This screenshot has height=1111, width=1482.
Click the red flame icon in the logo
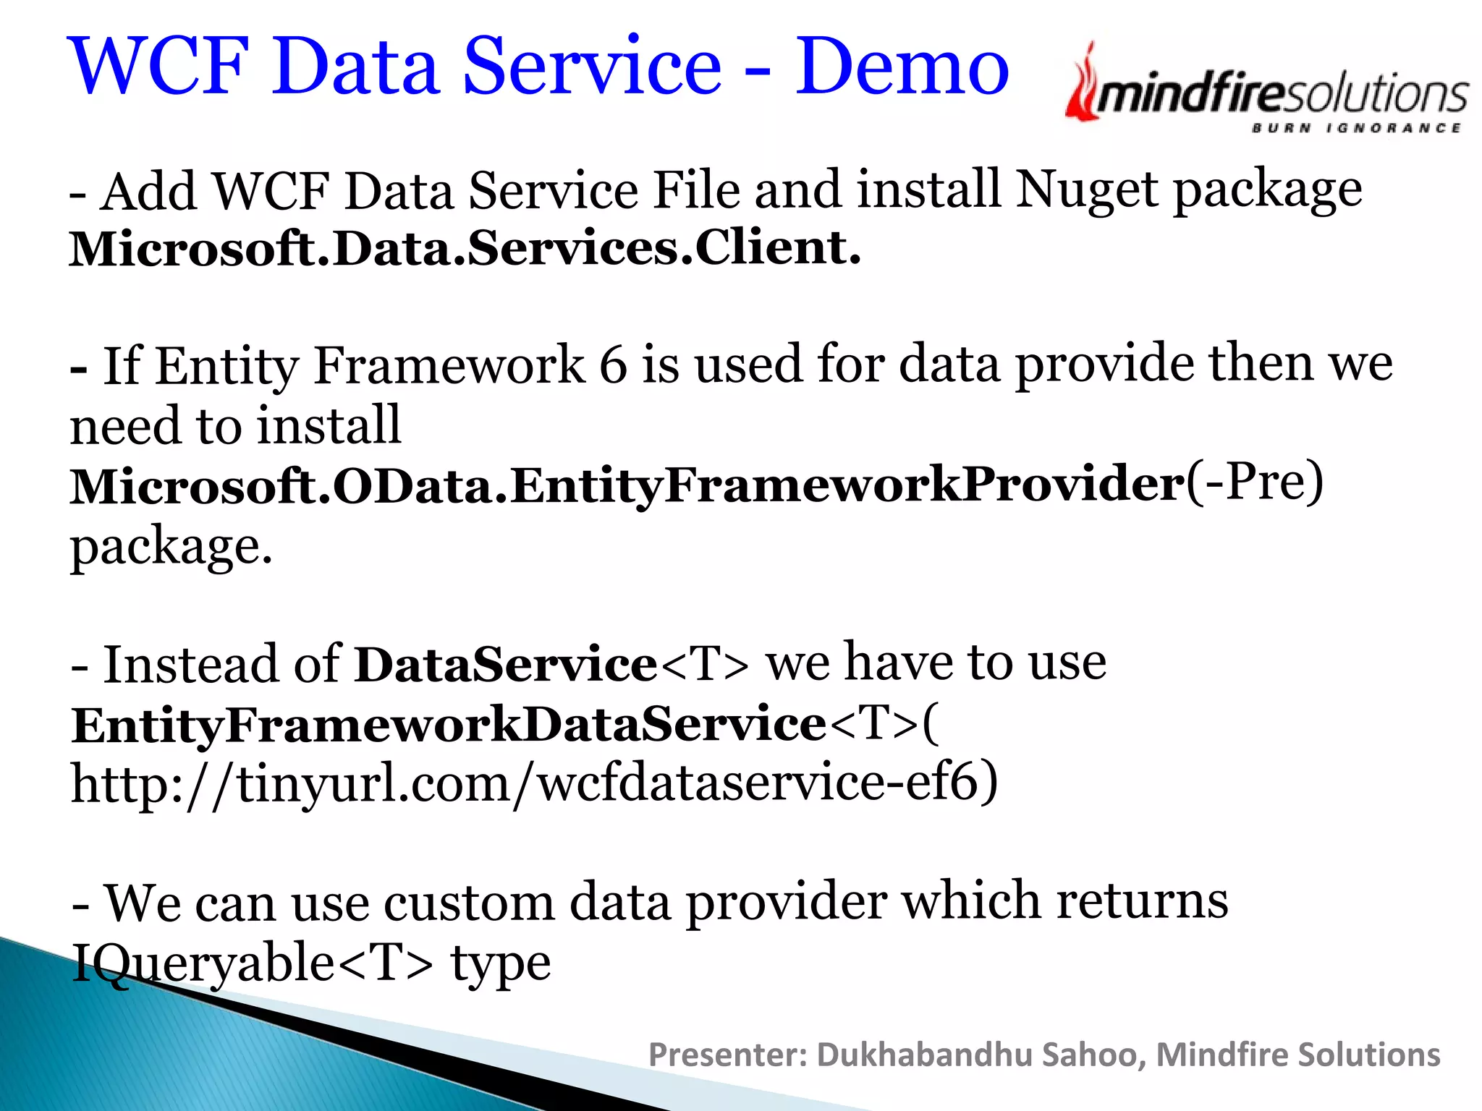click(1082, 83)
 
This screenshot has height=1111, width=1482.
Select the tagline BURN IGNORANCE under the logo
click(1355, 129)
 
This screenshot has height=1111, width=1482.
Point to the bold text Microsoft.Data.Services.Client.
click(465, 249)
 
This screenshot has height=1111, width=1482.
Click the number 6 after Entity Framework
click(612, 365)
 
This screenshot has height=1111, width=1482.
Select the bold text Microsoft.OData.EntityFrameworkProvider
click(627, 485)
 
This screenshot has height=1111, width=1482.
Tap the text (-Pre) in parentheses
click(1255, 482)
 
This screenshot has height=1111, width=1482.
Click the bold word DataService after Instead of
click(505, 665)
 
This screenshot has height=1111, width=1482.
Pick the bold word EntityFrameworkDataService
click(449, 725)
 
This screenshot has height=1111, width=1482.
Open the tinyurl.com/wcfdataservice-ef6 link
click(534, 785)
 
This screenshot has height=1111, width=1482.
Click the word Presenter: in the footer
click(727, 1055)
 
